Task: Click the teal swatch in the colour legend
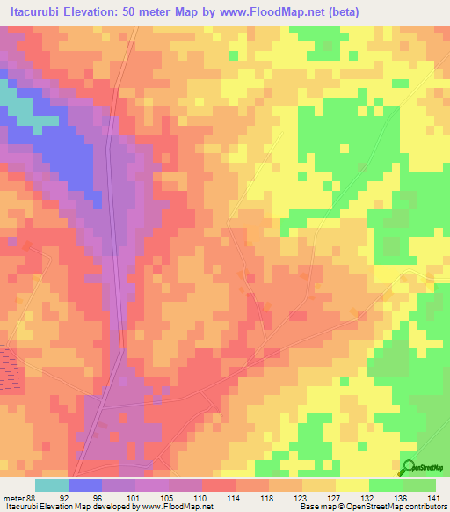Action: (52, 486)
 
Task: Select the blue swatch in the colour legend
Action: (85, 486)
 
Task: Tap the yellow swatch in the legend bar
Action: (352, 486)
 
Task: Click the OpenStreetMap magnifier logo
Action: (409, 467)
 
